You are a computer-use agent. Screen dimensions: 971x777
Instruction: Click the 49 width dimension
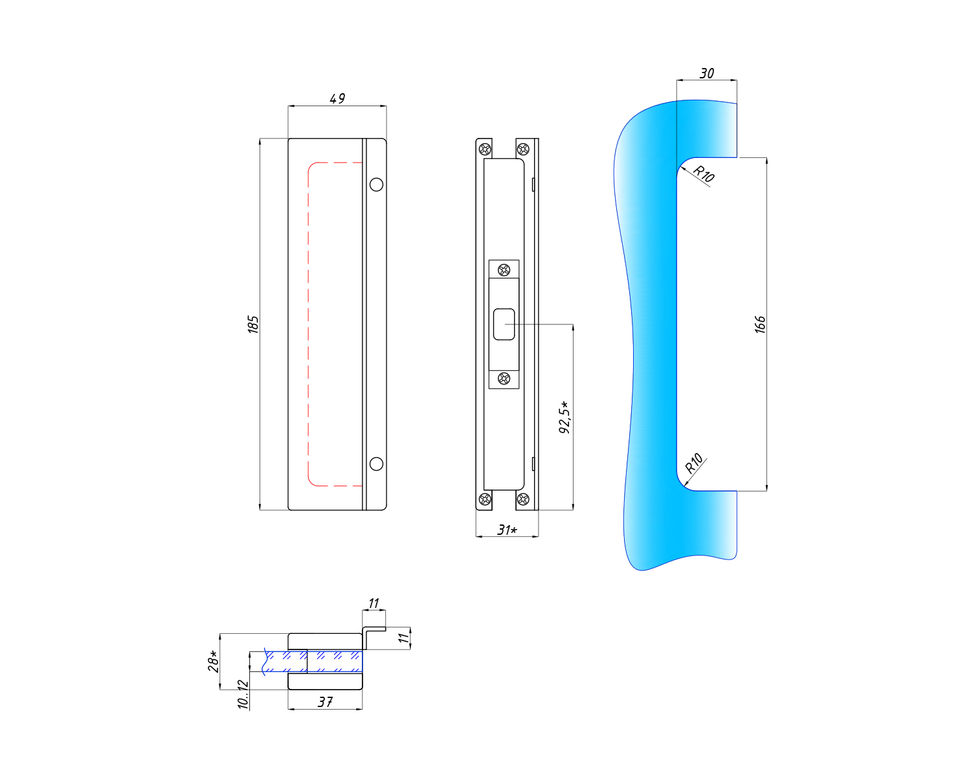coord(337,98)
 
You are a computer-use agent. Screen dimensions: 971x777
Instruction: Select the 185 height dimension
coord(253,324)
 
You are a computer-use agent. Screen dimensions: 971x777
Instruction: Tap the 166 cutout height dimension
coord(760,324)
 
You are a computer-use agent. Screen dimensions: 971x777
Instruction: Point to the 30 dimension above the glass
coord(707,73)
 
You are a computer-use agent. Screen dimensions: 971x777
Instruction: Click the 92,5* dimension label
coord(564,417)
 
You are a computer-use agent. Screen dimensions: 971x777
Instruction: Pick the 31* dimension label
coord(507,530)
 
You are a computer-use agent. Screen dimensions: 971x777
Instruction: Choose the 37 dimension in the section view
coord(325,702)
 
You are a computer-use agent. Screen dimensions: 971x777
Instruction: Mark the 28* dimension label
coord(213,661)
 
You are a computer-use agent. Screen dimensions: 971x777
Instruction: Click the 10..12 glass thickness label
coord(243,694)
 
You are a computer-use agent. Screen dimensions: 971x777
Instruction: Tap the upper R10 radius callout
coord(704,174)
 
